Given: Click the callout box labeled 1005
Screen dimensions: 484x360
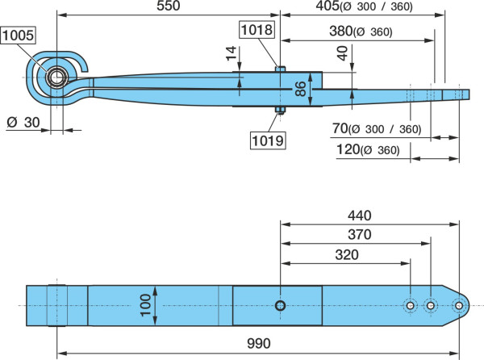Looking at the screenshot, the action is [x=19, y=36].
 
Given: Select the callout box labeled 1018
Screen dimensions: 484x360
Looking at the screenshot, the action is [x=257, y=30].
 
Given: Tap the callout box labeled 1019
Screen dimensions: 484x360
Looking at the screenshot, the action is [x=268, y=140].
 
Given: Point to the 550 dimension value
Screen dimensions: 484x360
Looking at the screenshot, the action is [x=169, y=6].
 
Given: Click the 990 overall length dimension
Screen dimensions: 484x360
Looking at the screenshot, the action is [x=259, y=343].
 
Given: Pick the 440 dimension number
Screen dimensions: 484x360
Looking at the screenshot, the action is [x=359, y=216].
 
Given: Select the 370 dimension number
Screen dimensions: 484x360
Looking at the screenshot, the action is [x=359, y=235].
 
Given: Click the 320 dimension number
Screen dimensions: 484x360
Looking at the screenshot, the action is [x=347, y=255].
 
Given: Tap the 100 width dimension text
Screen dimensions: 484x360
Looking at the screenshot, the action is [x=145, y=305].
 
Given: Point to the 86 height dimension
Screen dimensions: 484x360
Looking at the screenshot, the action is [x=300, y=89].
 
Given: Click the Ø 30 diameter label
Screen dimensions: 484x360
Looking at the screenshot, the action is [x=23, y=123].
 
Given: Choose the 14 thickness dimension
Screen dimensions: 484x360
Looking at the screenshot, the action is [x=231, y=53].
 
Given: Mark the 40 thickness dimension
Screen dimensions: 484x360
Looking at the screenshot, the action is [x=342, y=53].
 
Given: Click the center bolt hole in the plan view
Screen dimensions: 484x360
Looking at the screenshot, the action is [x=280, y=306].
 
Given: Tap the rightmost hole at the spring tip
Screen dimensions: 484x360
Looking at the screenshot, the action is [x=459, y=306].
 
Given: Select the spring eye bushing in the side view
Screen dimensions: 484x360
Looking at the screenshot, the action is [x=56, y=77].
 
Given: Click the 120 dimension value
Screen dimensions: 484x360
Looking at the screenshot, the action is [x=348, y=149].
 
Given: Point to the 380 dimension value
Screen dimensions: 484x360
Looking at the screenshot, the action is [x=341, y=31].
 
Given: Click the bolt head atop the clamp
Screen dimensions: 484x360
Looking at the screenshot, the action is [x=280, y=69].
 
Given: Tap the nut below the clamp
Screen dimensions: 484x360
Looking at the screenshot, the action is [x=280, y=110].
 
